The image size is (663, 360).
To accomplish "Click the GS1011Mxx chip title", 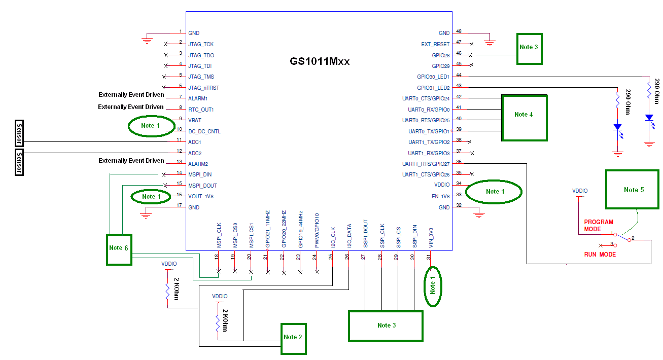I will pyautogui.click(x=320, y=61).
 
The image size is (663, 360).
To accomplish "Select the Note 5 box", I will pyautogui.click(x=632, y=189).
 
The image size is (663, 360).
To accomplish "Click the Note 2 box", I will pyautogui.click(x=294, y=338).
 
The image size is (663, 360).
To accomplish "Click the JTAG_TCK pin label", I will pyautogui.click(x=201, y=44).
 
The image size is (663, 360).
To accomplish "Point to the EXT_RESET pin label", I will pyautogui.click(x=435, y=44).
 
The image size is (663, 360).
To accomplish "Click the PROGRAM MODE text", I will pyautogui.click(x=599, y=226).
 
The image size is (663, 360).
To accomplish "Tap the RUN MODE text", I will pyautogui.click(x=600, y=254).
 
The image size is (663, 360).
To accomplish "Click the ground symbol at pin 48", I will pyautogui.click(x=489, y=41).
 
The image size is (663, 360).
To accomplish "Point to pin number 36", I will pyautogui.click(x=459, y=162).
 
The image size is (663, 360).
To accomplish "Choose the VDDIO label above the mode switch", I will pyautogui.click(x=580, y=191).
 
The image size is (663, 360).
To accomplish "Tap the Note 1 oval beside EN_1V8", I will pyautogui.click(x=494, y=191).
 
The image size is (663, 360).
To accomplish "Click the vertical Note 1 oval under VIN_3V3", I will pyautogui.click(x=433, y=286).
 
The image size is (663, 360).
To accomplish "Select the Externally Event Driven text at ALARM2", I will pyautogui.click(x=131, y=161).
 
